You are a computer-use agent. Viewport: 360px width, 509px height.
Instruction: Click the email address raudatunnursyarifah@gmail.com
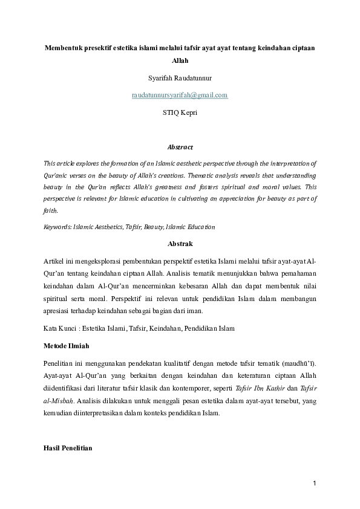[180, 95]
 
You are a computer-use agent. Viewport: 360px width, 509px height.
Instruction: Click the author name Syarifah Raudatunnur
[180, 78]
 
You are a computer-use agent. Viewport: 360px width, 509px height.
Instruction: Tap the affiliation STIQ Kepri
[180, 112]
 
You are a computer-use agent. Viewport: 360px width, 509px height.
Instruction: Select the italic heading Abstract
[180, 147]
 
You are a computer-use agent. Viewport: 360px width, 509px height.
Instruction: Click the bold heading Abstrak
[180, 244]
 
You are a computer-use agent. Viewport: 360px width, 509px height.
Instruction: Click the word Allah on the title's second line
[180, 61]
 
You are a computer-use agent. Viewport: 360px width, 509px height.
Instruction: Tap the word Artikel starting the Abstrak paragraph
[55, 261]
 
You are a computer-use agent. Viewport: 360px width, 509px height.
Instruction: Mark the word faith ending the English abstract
[51, 211]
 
